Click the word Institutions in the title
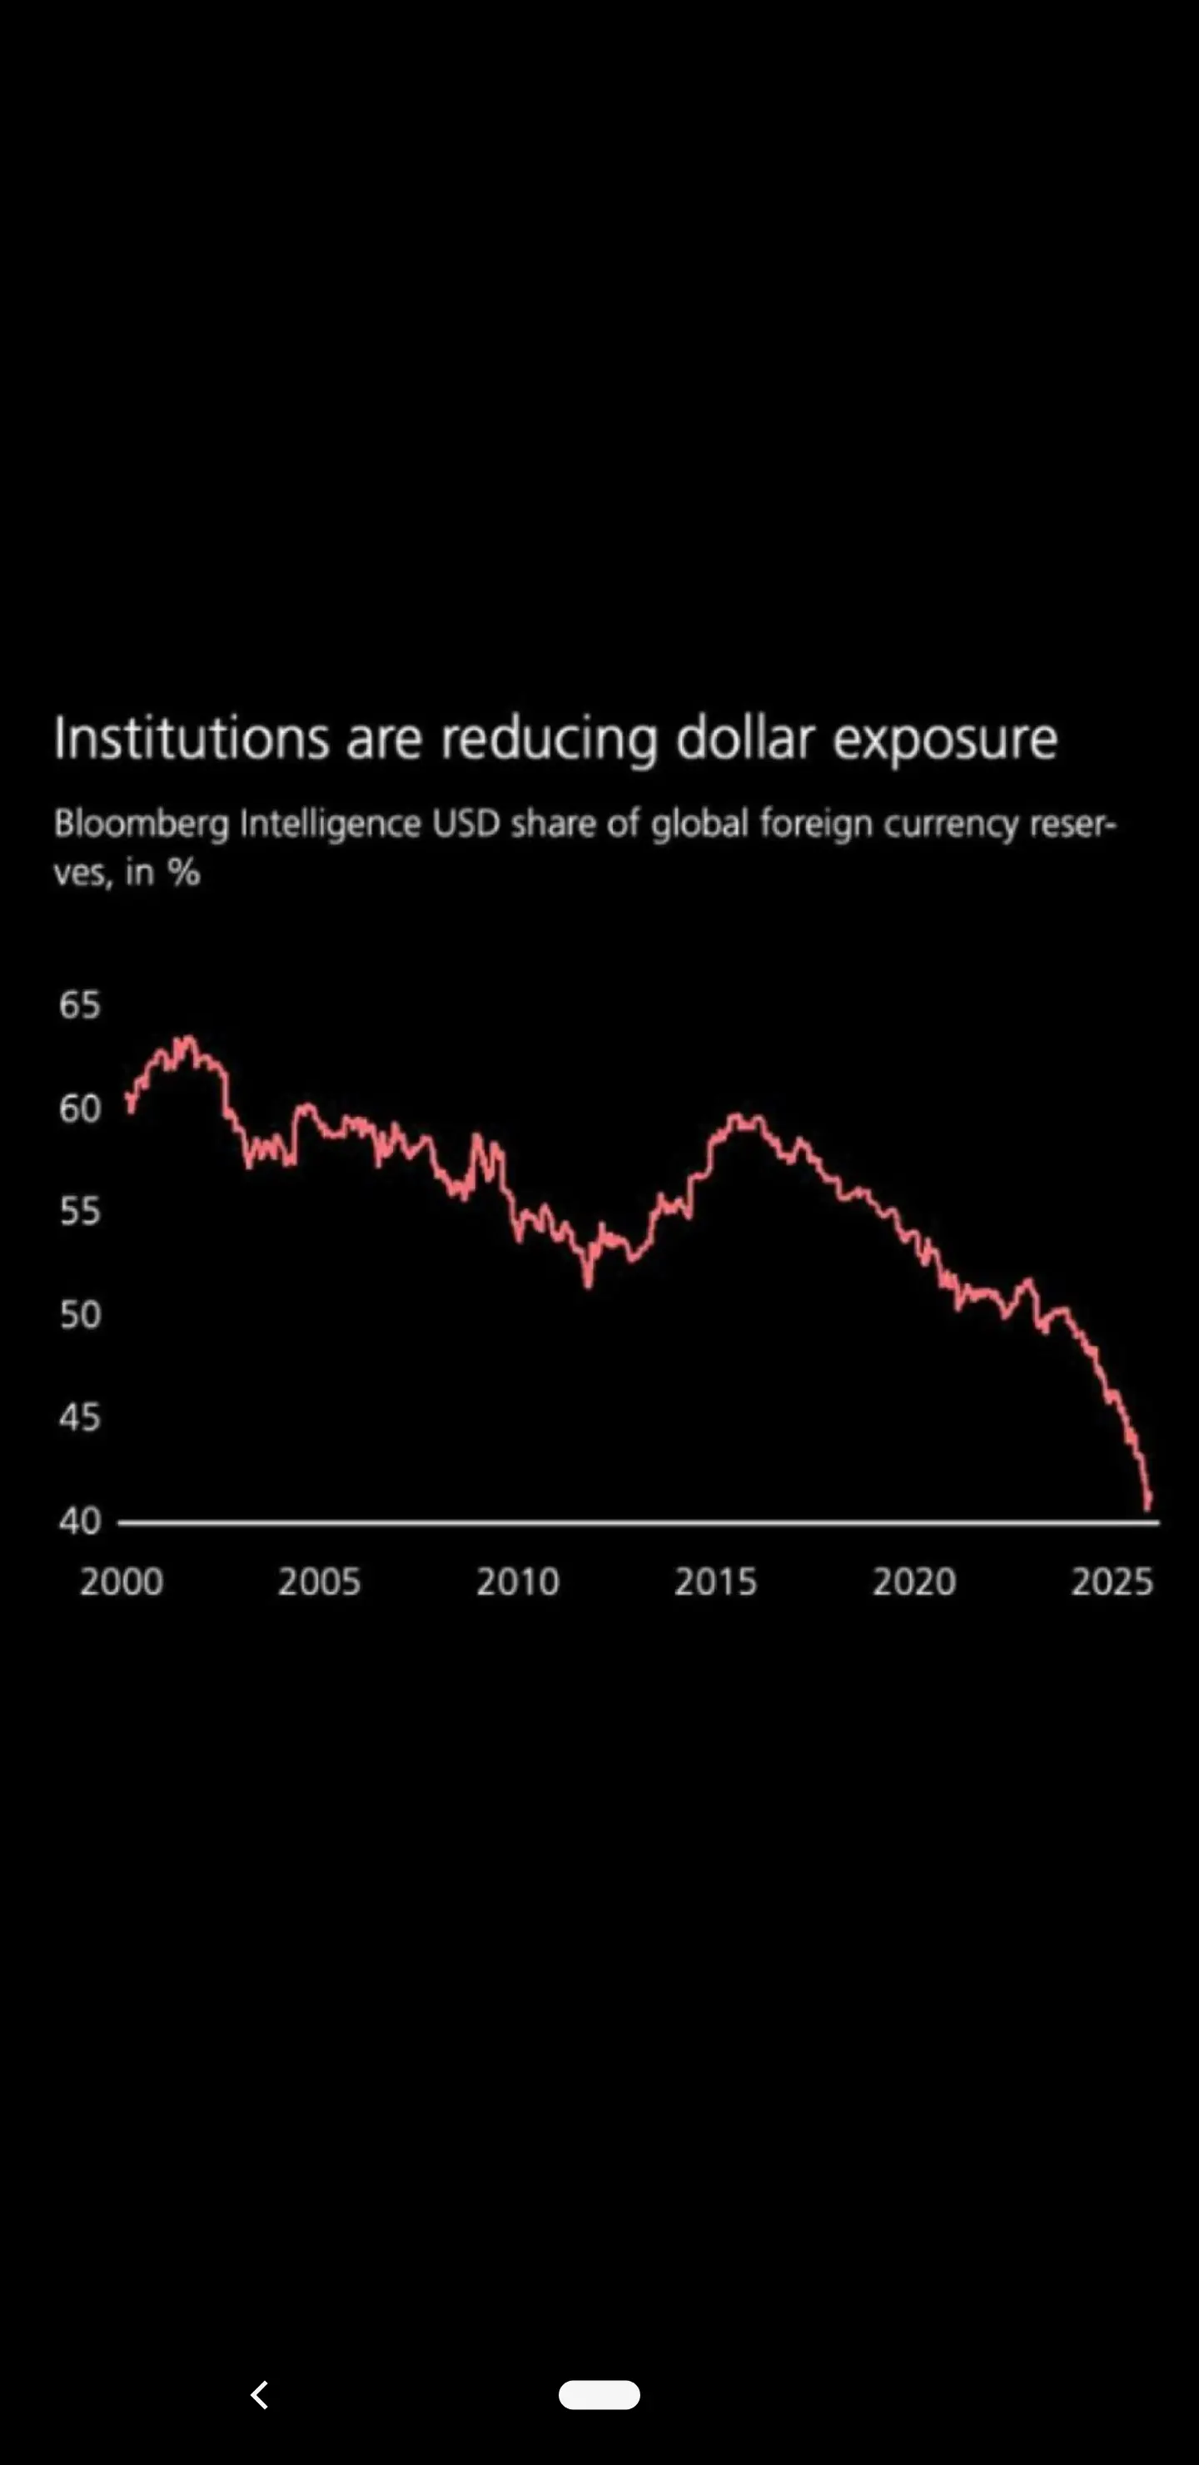(x=192, y=739)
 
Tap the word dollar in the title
(x=745, y=739)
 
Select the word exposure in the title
(x=944, y=740)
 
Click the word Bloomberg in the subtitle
(x=142, y=824)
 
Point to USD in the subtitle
(x=466, y=823)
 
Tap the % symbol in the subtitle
(x=184, y=873)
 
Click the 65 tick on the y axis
(x=79, y=1005)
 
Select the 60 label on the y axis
(x=79, y=1108)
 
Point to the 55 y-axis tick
(x=79, y=1212)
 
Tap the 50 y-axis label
(x=79, y=1315)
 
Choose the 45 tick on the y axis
(x=79, y=1418)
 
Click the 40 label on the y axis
(x=79, y=1521)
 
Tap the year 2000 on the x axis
(x=122, y=1581)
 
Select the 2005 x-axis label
(x=319, y=1581)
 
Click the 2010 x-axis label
(x=518, y=1581)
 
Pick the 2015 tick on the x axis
(x=716, y=1581)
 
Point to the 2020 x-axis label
(x=914, y=1581)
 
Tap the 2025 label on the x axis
(x=1112, y=1581)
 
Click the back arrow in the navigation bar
(x=259, y=2394)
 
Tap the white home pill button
(x=599, y=2394)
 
